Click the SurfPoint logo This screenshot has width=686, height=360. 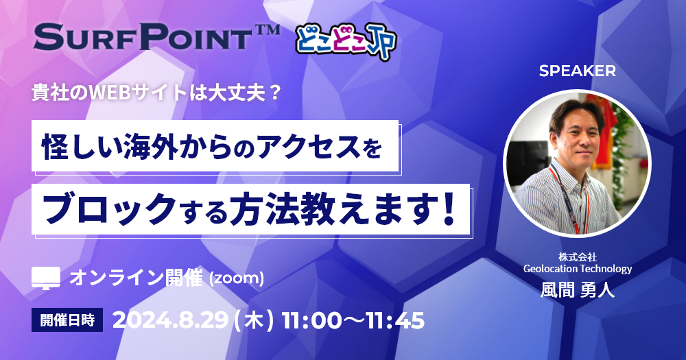(156, 37)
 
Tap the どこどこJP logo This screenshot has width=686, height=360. (346, 41)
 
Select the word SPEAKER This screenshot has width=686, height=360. (577, 71)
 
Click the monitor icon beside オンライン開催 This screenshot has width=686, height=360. (46, 278)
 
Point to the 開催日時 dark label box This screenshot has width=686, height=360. (67, 320)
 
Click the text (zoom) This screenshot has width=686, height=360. (237, 278)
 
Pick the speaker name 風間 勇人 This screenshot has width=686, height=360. (578, 290)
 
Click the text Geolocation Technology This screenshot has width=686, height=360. (578, 268)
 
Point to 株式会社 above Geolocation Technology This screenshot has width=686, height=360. (578, 256)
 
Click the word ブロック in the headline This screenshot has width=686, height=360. (109, 210)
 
